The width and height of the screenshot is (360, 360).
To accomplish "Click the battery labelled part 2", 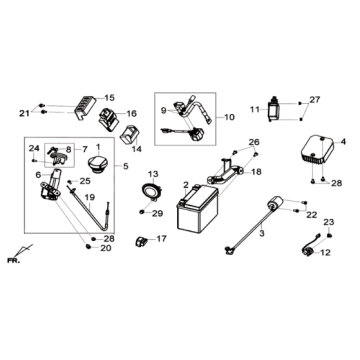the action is (x=197, y=209).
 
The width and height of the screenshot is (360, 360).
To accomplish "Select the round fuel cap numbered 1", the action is (x=98, y=165).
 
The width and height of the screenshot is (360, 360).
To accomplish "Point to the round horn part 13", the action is (x=152, y=192).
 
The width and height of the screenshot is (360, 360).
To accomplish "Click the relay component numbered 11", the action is (x=274, y=109).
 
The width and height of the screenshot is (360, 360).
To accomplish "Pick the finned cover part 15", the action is (x=85, y=107).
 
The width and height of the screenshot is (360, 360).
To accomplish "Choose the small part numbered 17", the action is (x=140, y=241).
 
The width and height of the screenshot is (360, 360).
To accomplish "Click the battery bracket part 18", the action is (x=226, y=171).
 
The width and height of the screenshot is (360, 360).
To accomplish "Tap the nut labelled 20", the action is (x=89, y=246).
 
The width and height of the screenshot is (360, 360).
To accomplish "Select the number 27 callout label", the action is (x=315, y=99).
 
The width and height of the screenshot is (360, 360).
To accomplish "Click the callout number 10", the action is (x=229, y=117).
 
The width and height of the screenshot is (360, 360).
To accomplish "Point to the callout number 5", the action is (x=125, y=166).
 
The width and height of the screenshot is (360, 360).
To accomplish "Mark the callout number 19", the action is (x=89, y=197).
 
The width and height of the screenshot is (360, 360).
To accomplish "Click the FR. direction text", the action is (x=13, y=261).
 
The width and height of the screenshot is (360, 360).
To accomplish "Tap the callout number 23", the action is (x=329, y=222).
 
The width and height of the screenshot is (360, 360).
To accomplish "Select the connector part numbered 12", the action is (x=310, y=249).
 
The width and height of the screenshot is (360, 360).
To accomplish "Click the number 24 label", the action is (x=34, y=148).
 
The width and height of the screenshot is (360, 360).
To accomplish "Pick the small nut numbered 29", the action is (x=142, y=212).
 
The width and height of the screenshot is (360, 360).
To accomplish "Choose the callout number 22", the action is (x=312, y=215).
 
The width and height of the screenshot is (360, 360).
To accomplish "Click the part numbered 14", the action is (x=129, y=135).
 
